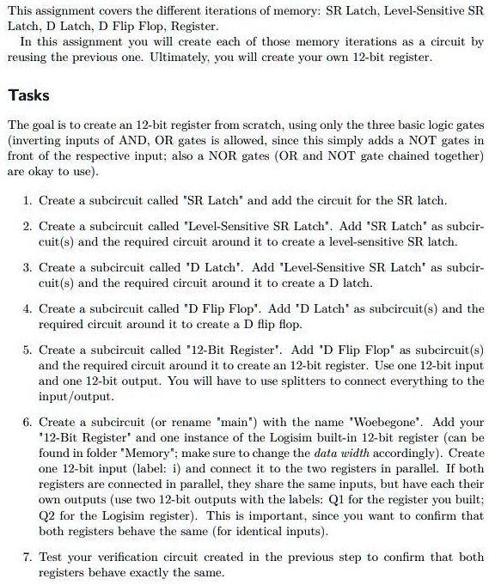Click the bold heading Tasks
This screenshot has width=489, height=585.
[x=28, y=95]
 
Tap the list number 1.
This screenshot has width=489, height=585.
[x=28, y=200]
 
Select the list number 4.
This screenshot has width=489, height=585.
[x=28, y=308]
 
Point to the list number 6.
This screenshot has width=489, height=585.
[x=28, y=422]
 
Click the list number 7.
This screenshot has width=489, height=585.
[x=28, y=558]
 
